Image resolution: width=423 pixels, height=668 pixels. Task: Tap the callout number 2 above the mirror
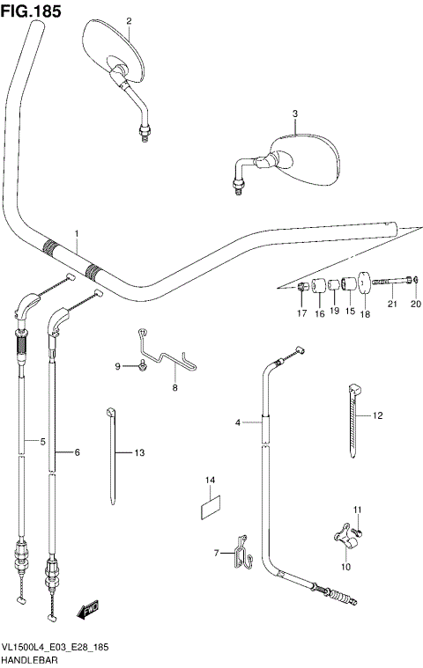point(128,20)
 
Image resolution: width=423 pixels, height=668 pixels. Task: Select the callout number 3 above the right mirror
point(295,114)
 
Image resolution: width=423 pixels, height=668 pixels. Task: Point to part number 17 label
point(301,313)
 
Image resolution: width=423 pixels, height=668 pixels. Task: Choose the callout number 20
point(416,305)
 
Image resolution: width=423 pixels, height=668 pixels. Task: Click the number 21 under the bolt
point(393,305)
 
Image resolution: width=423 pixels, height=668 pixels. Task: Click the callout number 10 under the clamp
point(345,567)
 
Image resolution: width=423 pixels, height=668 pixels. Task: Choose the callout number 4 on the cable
point(237,423)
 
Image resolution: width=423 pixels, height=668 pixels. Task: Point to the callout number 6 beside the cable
point(77,452)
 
